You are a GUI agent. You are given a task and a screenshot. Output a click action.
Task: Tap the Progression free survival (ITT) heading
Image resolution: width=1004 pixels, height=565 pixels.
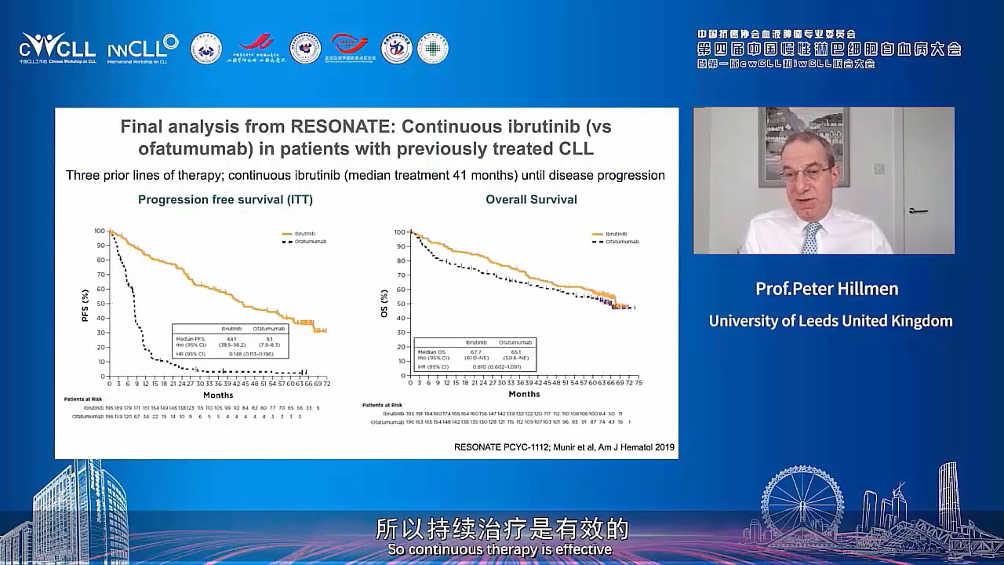(225, 199)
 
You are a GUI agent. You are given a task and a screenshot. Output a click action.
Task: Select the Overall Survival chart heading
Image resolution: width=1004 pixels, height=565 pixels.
(531, 199)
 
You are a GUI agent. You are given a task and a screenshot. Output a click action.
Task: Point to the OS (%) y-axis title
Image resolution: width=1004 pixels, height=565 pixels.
(384, 304)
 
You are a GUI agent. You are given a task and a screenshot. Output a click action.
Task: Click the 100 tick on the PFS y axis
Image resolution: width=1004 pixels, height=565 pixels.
(100, 231)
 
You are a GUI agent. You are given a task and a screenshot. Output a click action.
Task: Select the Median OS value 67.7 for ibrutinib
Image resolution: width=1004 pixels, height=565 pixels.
(476, 352)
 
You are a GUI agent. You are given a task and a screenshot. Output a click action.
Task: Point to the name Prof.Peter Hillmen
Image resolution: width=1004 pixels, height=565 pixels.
(826, 289)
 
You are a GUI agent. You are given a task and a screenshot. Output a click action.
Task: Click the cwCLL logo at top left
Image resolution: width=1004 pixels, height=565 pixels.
(56, 48)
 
